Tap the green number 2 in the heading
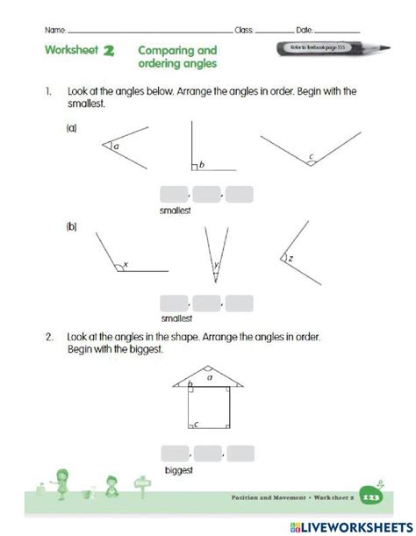pyautogui.click(x=110, y=51)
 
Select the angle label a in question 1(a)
pyautogui.click(x=115, y=147)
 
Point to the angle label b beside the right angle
pyautogui.click(x=201, y=164)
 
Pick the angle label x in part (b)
pyautogui.click(x=126, y=264)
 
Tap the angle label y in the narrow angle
pyautogui.click(x=214, y=263)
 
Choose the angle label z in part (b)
pyautogui.click(x=290, y=259)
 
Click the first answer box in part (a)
pyautogui.click(x=174, y=195)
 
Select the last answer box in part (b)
pyautogui.click(x=239, y=304)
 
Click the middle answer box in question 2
pyautogui.click(x=207, y=454)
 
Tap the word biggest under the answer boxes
pyautogui.click(x=178, y=470)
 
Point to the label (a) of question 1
pyautogui.click(x=71, y=128)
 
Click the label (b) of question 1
pyautogui.click(x=71, y=226)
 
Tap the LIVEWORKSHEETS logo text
pyautogui.click(x=356, y=524)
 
